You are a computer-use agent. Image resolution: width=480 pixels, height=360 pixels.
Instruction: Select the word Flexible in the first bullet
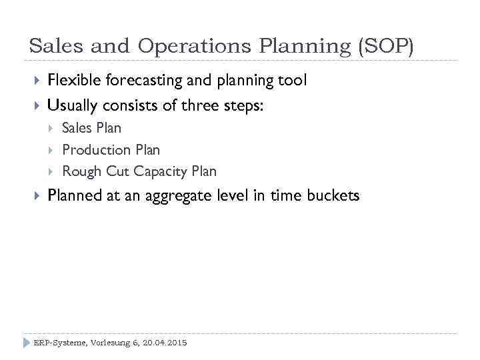pyautogui.click(x=73, y=81)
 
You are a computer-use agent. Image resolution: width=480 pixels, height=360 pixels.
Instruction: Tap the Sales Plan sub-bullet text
pyautogui.click(x=91, y=128)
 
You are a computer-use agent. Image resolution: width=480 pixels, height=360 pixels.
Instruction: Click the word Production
pyautogui.click(x=96, y=150)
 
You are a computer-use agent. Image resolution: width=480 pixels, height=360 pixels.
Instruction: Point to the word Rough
pyautogui.click(x=81, y=171)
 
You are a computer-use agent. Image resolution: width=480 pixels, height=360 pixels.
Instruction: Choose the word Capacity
pyautogui.click(x=161, y=172)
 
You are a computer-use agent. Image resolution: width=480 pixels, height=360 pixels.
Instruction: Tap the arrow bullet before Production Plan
pyautogui.click(x=52, y=150)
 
